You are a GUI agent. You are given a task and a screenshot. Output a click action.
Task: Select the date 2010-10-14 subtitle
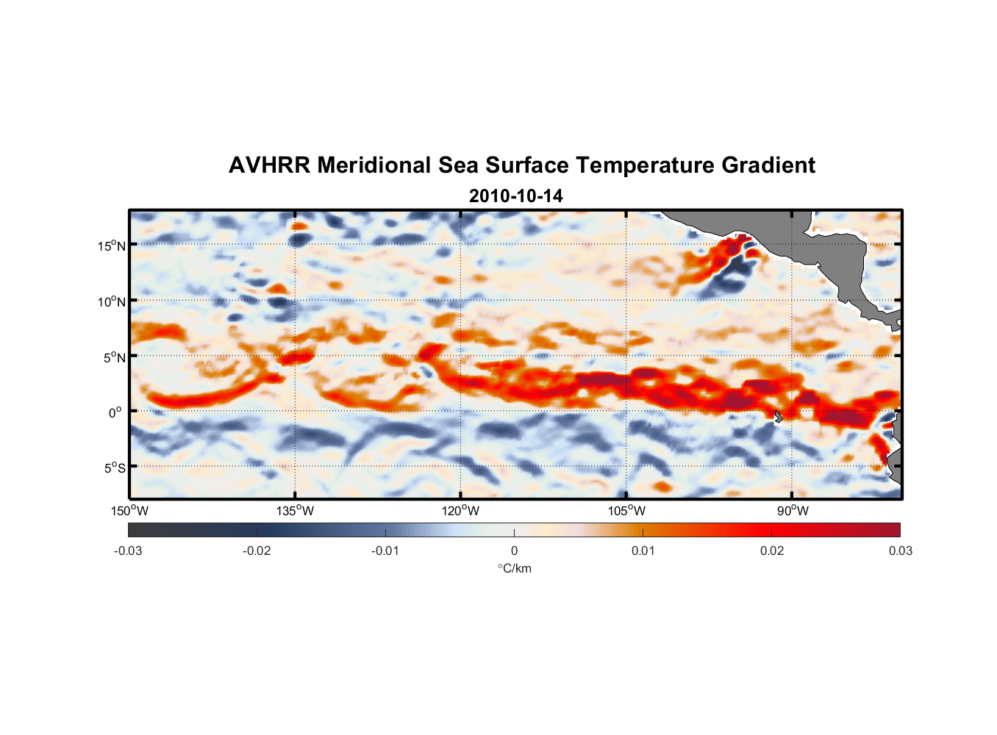[x=515, y=196]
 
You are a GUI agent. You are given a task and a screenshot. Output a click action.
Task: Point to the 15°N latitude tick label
[x=112, y=245]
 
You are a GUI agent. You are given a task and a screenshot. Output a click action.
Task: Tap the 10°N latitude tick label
[x=112, y=301]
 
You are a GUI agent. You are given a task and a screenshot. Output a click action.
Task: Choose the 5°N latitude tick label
[x=114, y=357]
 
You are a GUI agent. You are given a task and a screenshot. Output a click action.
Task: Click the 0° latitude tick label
[x=115, y=412]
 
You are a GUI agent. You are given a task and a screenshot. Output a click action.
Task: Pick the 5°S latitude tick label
[x=114, y=468]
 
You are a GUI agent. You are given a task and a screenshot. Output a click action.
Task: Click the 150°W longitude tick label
[x=129, y=511]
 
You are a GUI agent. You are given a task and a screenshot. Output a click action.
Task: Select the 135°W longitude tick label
[x=295, y=511]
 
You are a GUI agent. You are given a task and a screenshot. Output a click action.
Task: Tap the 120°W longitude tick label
[x=460, y=511]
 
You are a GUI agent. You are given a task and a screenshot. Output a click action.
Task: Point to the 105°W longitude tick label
[x=626, y=511]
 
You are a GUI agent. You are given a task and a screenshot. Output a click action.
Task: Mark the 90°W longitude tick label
[x=792, y=511]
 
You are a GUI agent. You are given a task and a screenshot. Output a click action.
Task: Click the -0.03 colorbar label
[x=128, y=551]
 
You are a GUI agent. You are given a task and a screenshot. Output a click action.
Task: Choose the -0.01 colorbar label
[x=385, y=551]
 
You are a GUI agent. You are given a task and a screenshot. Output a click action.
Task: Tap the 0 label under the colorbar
[x=514, y=551]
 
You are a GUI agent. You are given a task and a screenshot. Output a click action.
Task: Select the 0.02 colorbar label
[x=772, y=551]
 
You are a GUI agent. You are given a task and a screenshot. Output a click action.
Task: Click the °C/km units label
[x=514, y=568]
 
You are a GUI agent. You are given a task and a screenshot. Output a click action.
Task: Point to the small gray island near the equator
[x=778, y=416]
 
